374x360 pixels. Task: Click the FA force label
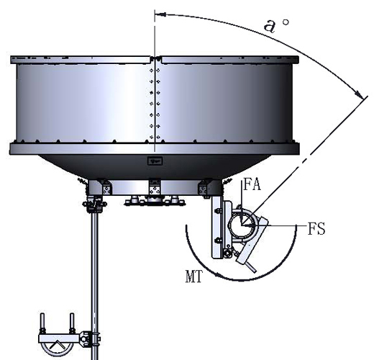click(252, 185)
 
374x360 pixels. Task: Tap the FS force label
click(316, 228)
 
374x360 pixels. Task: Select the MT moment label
click(193, 276)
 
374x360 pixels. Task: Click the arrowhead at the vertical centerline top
click(160, 14)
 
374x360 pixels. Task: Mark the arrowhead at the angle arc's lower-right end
click(359, 94)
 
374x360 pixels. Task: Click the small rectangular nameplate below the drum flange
click(155, 161)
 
